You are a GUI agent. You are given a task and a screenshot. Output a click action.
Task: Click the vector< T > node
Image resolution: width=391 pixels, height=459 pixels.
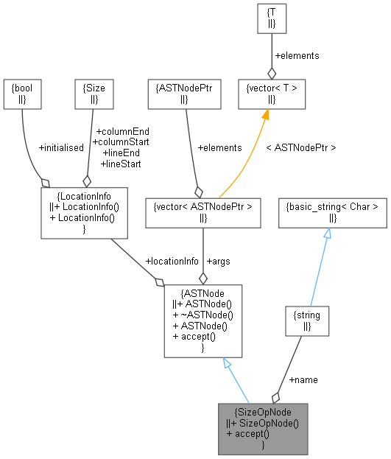(x=272, y=94)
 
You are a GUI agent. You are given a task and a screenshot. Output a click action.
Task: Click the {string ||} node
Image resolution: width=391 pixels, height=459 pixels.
(x=306, y=320)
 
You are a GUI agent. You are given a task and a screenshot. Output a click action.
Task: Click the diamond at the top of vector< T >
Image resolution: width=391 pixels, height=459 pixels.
(x=272, y=72)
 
